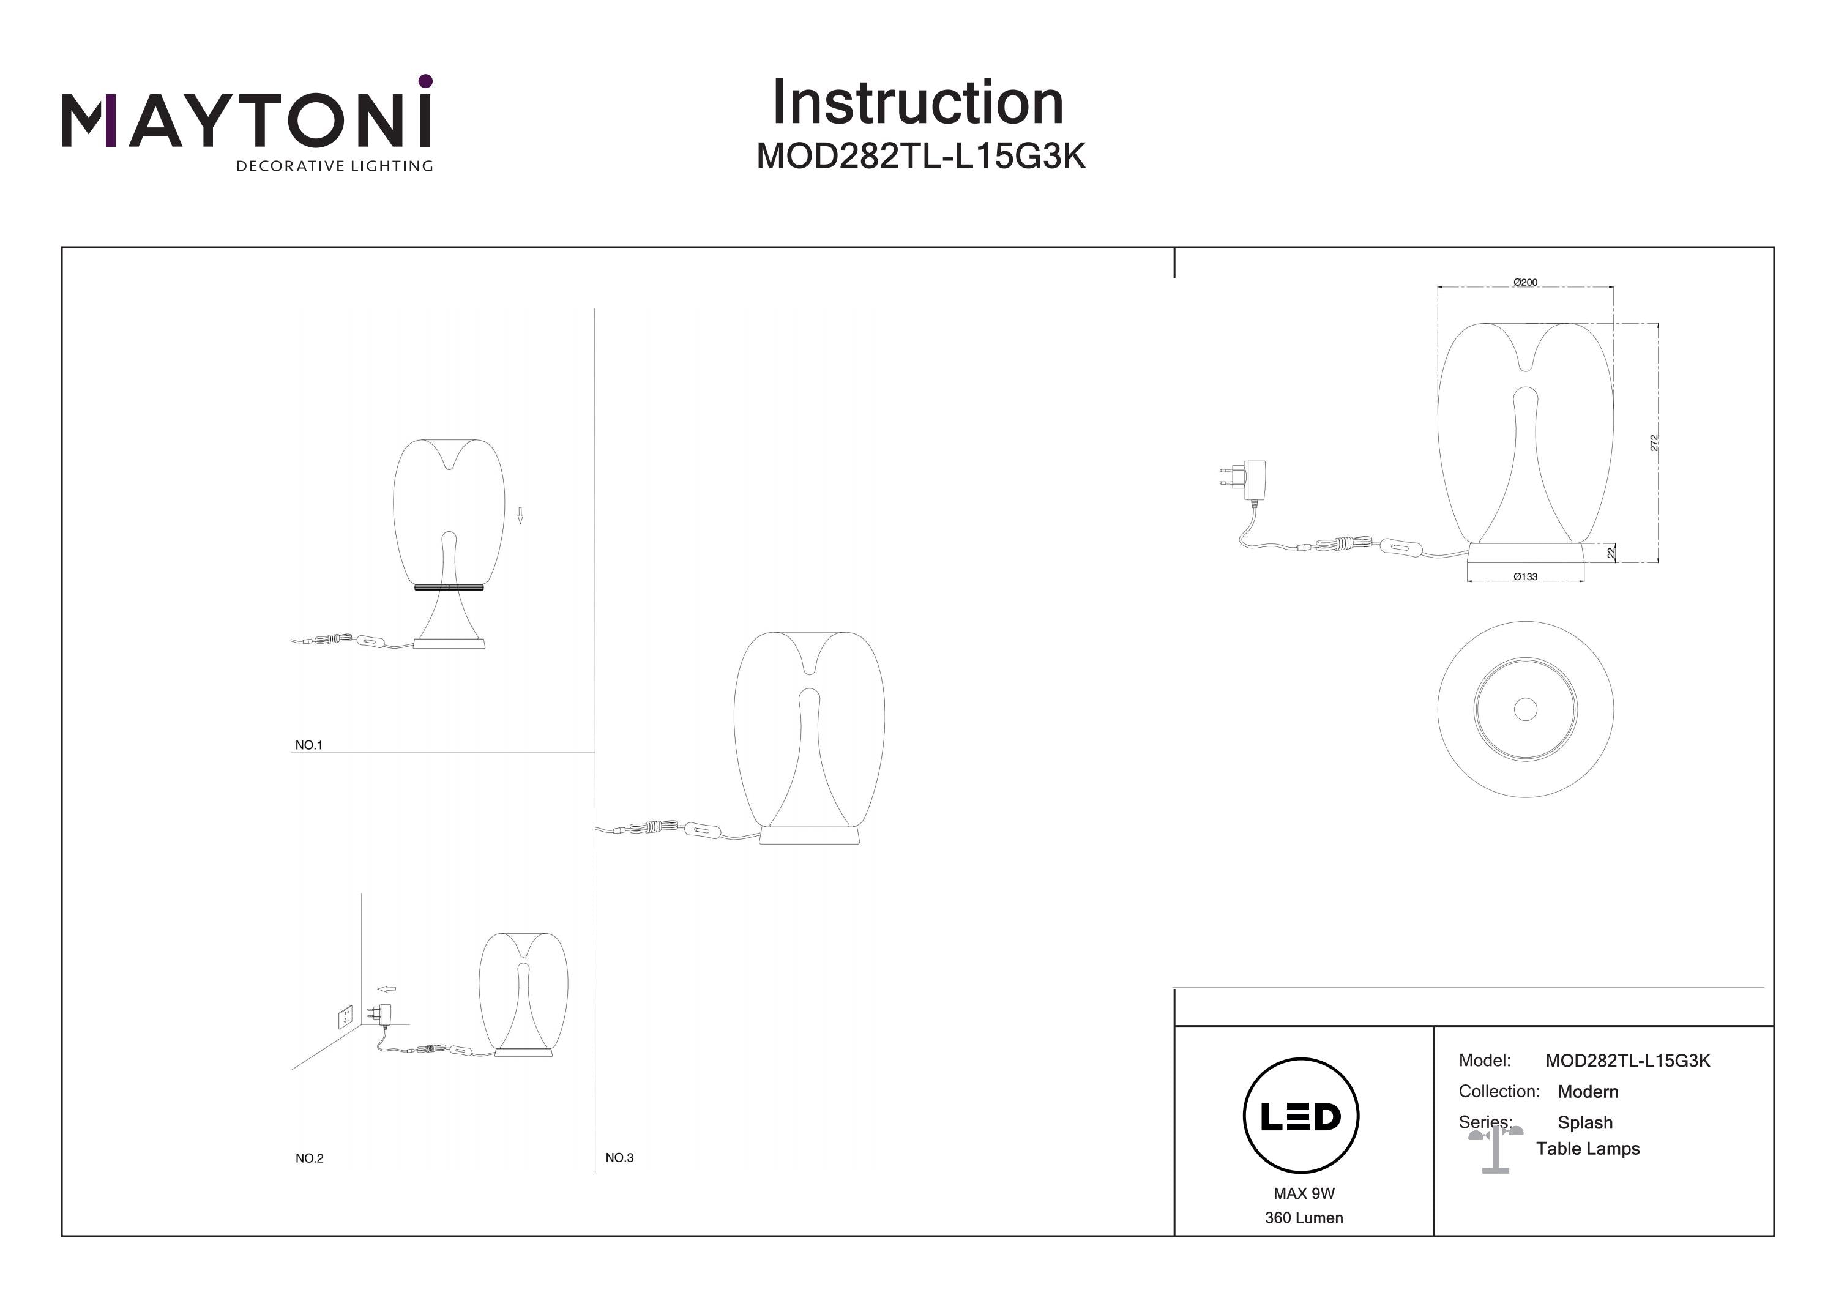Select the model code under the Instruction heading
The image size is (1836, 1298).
(x=920, y=157)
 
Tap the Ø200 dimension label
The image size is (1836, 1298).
(x=1525, y=282)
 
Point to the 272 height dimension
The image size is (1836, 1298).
(x=1654, y=442)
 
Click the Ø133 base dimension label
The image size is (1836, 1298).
(x=1525, y=576)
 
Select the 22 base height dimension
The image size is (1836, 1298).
(x=1611, y=552)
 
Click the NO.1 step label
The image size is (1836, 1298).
(x=308, y=745)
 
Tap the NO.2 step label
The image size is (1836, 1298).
(x=310, y=1158)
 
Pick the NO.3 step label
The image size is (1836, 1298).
(x=619, y=1157)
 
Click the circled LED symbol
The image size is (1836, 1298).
(x=1301, y=1116)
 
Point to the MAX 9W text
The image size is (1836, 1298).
(x=1304, y=1193)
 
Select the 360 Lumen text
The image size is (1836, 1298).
(x=1304, y=1217)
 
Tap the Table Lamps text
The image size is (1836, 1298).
(x=1588, y=1149)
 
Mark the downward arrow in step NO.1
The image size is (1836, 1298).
(x=520, y=515)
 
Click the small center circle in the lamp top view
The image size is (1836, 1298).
(x=1525, y=709)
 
